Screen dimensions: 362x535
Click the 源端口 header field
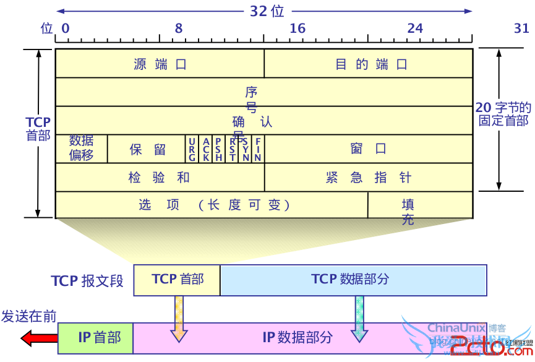tap(160, 64)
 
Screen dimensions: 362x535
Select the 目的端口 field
tap(369, 64)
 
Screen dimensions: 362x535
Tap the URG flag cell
tap(192, 149)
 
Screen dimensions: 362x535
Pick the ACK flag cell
tap(205, 149)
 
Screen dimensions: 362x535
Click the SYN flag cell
tap(246, 149)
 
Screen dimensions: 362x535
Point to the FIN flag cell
tap(258, 149)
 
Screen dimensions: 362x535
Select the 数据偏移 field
tap(81, 149)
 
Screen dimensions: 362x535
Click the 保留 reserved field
tap(147, 149)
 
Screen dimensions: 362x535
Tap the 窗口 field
tap(369, 149)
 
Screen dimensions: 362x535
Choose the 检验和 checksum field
tap(160, 178)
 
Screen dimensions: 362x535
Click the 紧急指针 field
tap(369, 178)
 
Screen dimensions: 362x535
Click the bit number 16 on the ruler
tap(297, 28)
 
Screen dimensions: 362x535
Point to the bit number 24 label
tap(415, 28)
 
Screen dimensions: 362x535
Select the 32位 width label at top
tap(267, 11)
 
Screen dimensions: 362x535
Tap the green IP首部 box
tap(96, 338)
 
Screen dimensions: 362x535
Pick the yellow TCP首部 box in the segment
tap(177, 280)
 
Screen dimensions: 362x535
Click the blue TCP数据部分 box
tap(353, 280)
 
